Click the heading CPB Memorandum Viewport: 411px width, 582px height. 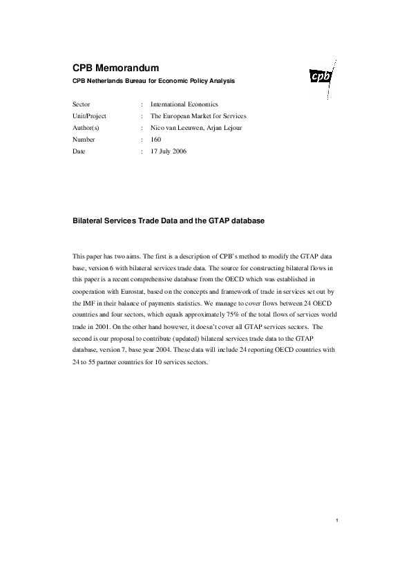[116, 68]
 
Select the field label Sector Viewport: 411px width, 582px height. [82, 104]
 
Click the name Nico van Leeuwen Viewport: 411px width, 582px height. [175, 127]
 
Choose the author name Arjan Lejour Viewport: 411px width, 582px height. [222, 127]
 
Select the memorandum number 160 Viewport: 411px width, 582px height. [155, 139]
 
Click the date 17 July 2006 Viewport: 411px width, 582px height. [169, 151]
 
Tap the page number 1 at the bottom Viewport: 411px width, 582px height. [336, 520]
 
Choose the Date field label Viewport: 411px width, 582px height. [79, 151]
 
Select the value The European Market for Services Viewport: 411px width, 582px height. [196, 115]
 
